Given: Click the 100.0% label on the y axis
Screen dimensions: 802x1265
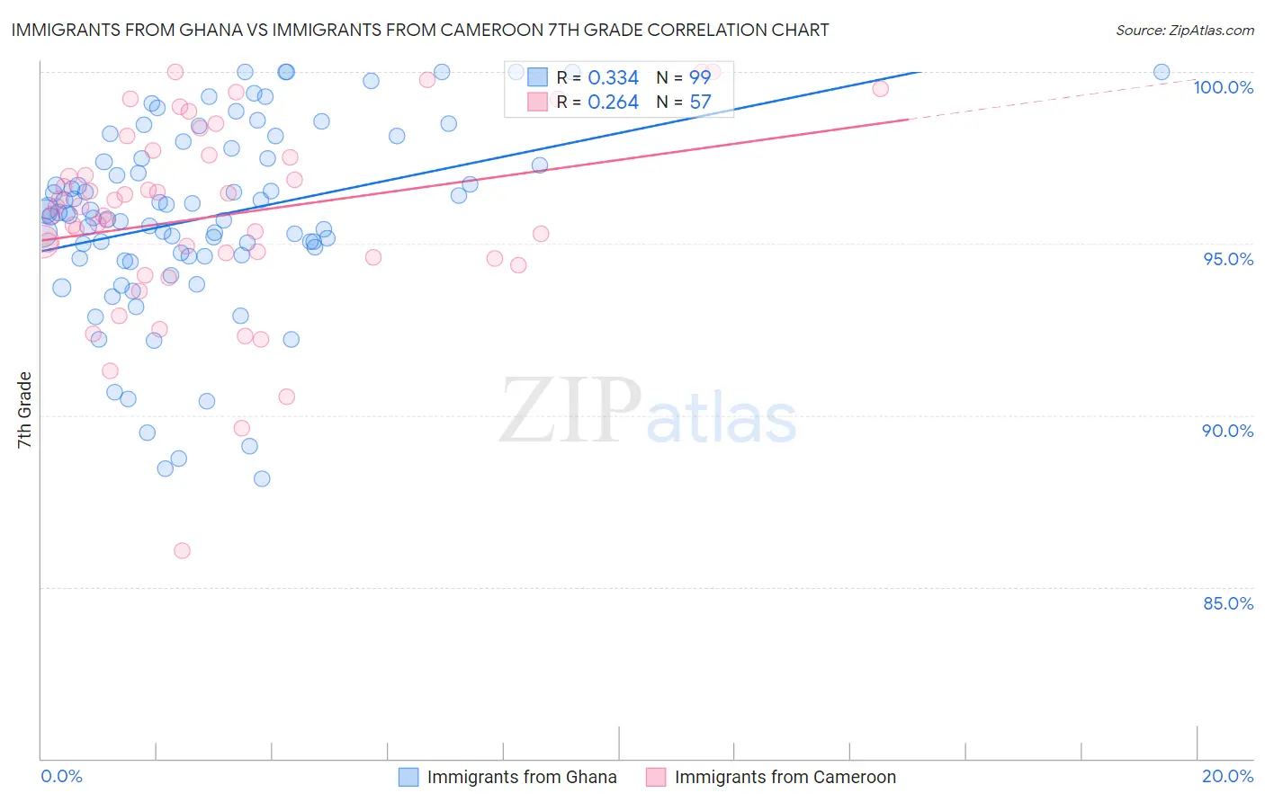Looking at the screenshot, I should pyautogui.click(x=1223, y=87).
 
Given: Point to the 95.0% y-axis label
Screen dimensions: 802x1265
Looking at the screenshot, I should pyautogui.click(x=1227, y=259).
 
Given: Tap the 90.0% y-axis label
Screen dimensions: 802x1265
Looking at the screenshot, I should pyautogui.click(x=1227, y=431).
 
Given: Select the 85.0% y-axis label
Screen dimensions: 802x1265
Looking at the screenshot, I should pyautogui.click(x=1227, y=603).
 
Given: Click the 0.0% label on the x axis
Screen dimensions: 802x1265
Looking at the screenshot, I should pyautogui.click(x=61, y=776).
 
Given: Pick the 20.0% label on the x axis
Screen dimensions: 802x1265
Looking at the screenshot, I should pyautogui.click(x=1227, y=776).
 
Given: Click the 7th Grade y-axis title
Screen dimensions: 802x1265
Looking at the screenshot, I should pyautogui.click(x=25, y=410).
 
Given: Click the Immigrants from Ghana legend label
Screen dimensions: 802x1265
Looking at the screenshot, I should pyautogui.click(x=522, y=777).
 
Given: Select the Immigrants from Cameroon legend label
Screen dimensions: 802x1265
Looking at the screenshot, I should pyautogui.click(x=785, y=777).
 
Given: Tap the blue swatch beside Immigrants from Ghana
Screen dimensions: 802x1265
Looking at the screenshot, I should pyautogui.click(x=408, y=777).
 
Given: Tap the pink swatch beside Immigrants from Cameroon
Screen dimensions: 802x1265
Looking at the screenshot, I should pyautogui.click(x=656, y=777).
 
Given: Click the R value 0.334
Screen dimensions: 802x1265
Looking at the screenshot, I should pyautogui.click(x=613, y=78).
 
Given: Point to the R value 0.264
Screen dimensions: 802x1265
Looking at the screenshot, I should pyautogui.click(x=613, y=102).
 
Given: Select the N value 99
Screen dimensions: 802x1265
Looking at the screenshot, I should pyautogui.click(x=700, y=78).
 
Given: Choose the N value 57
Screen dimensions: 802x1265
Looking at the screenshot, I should pyautogui.click(x=700, y=102).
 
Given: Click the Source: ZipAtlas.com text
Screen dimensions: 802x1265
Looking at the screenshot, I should pyautogui.click(x=1184, y=31).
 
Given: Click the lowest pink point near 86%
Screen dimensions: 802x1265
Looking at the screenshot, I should pyautogui.click(x=182, y=550).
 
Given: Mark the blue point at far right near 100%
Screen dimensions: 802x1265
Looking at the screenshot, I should pyautogui.click(x=1162, y=72).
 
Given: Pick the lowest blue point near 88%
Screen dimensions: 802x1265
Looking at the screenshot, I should pyautogui.click(x=262, y=478).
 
